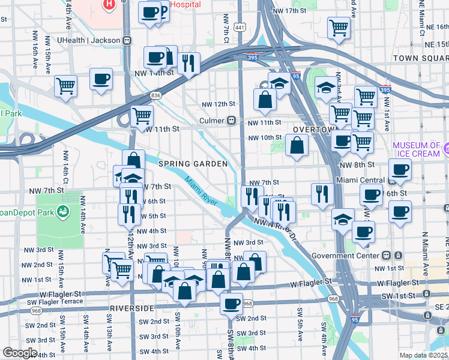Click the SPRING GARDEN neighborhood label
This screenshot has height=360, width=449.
coord(193,164)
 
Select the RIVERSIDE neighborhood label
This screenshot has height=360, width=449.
coord(132,308)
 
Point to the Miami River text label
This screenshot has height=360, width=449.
coord(200,190)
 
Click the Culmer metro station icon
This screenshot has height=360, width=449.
coord(231,121)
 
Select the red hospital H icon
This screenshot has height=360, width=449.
coord(109,5)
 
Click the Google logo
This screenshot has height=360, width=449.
coord(20,353)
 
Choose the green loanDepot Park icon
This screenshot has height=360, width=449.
coord(61,212)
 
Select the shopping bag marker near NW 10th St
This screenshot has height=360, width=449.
coord(297,145)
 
